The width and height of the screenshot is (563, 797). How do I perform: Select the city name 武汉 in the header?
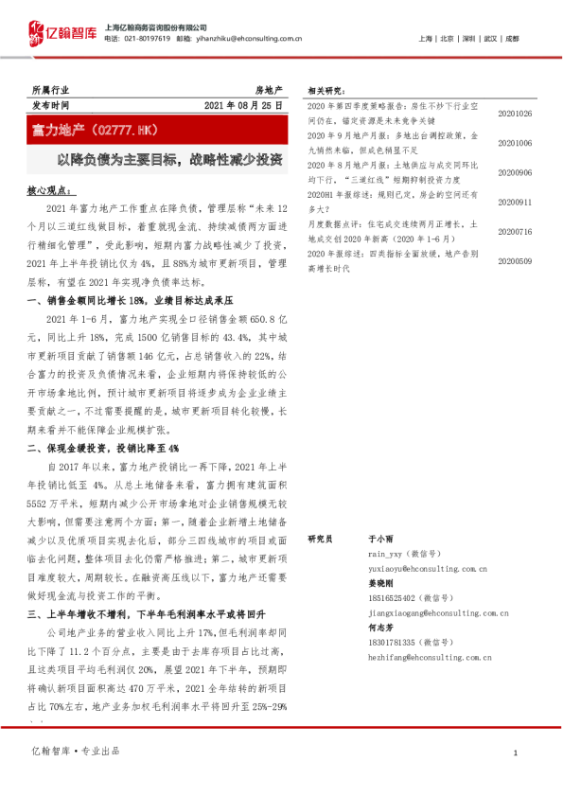point(489,39)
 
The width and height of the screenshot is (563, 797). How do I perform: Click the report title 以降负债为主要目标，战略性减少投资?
point(170,160)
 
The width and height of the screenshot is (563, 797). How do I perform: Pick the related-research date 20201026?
point(514,115)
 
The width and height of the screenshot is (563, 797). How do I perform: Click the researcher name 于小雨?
point(380,537)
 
